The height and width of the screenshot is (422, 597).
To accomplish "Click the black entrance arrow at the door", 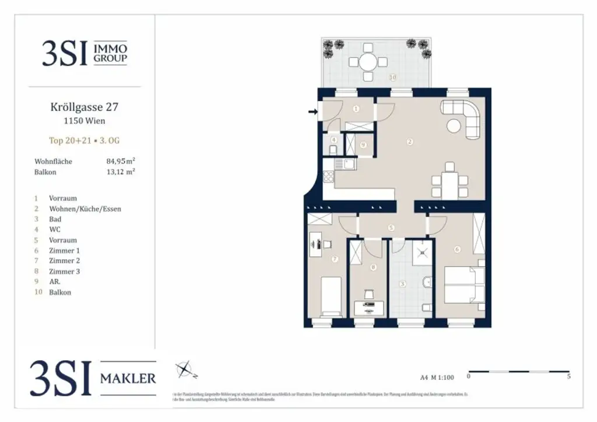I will click(x=312, y=111).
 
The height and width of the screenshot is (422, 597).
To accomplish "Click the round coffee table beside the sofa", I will click(x=453, y=125).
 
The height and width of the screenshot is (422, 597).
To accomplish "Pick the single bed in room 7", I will click(x=331, y=295).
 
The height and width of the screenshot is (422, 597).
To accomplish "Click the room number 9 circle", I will click(x=363, y=145).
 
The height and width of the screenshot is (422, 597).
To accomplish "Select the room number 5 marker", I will click(x=391, y=228).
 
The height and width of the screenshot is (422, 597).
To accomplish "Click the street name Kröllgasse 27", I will click(x=84, y=107).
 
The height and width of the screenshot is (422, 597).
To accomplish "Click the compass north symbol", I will click(x=184, y=369).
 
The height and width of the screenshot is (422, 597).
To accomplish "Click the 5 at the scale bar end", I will click(x=568, y=377).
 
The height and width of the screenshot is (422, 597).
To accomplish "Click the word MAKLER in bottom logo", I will click(x=128, y=378).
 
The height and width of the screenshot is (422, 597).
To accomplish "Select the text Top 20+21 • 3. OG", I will click(x=84, y=140).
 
